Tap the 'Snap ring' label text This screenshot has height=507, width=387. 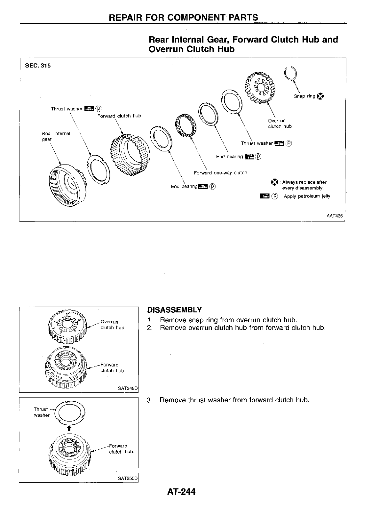pos(304,96)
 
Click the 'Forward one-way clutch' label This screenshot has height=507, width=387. pos(220,173)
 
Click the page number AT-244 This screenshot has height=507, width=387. pos(181,491)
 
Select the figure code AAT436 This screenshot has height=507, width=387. pos(334,216)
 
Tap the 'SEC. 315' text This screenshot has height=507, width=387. pos(38,66)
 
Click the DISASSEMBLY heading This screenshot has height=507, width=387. pos(174,310)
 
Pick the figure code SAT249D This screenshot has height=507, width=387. pos(127,389)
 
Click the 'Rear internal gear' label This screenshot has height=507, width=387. pos(56,136)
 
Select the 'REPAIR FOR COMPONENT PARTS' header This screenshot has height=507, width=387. pos(184,17)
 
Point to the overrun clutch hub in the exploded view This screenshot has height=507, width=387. pos(260,86)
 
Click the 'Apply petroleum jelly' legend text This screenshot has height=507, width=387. pos(307,196)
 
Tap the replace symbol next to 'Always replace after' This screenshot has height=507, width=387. pos(274,182)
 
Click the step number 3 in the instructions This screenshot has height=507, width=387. pos(149,400)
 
